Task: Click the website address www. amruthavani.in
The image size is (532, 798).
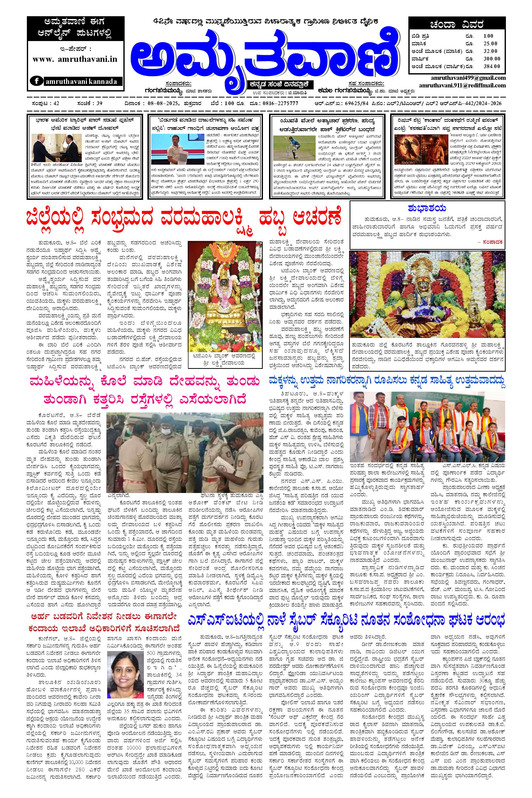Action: pyautogui.click(x=75, y=59)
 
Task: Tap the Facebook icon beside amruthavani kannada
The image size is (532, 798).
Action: pyautogui.click(x=36, y=81)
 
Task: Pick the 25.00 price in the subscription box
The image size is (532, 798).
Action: pyautogui.click(x=490, y=43)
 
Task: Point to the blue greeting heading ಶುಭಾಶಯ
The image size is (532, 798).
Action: pyautogui.click(x=427, y=208)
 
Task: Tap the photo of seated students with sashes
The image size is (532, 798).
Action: pyautogui.click(x=428, y=426)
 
